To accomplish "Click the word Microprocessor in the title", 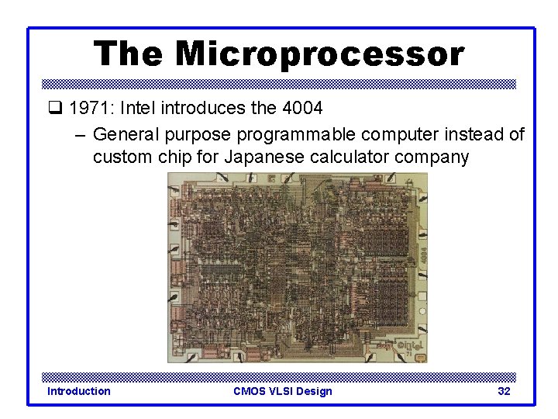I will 319,54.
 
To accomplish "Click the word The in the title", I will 128,54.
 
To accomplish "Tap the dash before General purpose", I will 81,135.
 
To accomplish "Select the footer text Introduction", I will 79,391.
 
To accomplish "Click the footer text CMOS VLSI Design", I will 282,391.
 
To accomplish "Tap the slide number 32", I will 504,391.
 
